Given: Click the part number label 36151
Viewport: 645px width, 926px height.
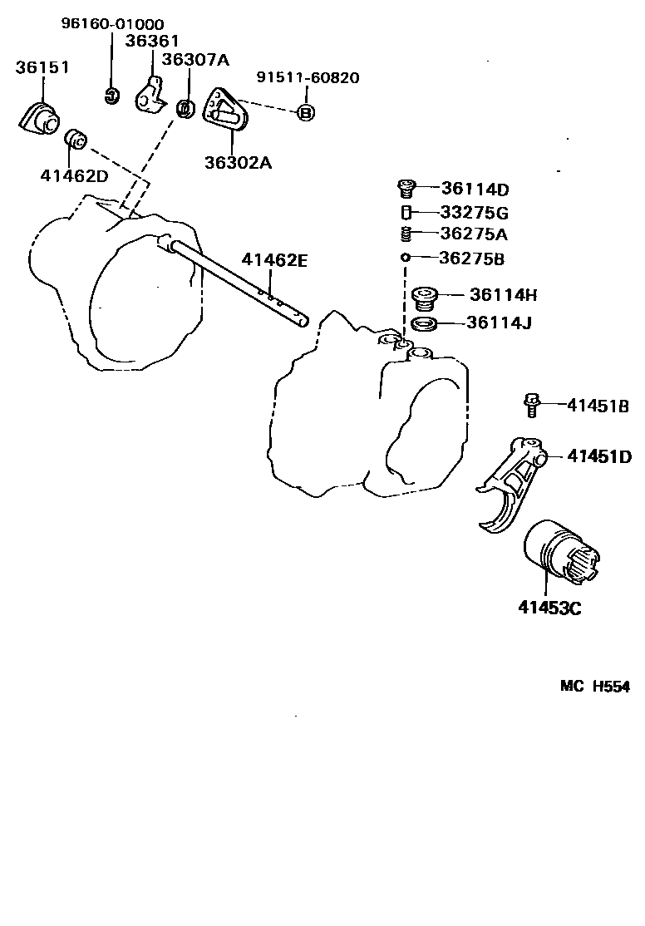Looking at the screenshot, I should pos(42,68).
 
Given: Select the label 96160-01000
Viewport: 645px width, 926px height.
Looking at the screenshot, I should pos(112,24).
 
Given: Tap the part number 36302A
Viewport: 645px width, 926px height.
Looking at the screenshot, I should pos(238,162).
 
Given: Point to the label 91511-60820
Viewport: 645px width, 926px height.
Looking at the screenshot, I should pos(308,77).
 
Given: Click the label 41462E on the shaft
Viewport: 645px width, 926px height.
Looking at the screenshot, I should pos(275,261).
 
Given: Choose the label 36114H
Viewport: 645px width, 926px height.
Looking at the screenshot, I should pos(504,294).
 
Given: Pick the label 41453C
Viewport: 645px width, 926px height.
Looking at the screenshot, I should pos(549,608).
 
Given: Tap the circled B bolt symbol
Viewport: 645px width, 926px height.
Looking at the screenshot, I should pos(305,112).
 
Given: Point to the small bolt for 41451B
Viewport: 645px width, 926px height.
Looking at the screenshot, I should pos(530,406).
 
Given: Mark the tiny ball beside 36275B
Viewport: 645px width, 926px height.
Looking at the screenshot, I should pos(406,258).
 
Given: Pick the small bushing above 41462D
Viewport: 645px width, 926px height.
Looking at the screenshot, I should pos(76,139).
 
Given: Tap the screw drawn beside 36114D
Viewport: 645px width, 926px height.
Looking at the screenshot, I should pos(407,188).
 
